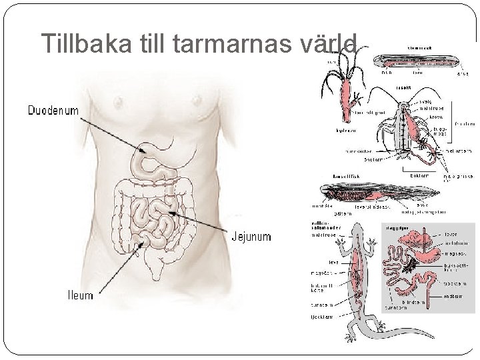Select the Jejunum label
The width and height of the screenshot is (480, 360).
251,237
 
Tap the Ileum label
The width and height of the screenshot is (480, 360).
79,294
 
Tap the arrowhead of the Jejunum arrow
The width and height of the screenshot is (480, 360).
173,213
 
